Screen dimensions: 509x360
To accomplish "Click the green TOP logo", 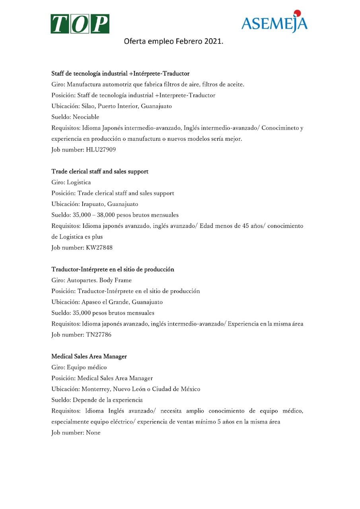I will point(80,24).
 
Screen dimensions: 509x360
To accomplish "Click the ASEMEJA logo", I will point(274,23).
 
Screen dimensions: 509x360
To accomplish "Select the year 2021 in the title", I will point(214,41).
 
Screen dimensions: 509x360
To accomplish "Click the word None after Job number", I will point(93,432).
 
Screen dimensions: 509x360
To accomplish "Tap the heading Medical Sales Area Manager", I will point(89,356).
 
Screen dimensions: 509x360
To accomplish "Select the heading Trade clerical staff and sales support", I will point(100,171).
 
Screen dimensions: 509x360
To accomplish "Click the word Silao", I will point(88,106).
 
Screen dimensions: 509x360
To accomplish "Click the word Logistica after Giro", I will point(79,183).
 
